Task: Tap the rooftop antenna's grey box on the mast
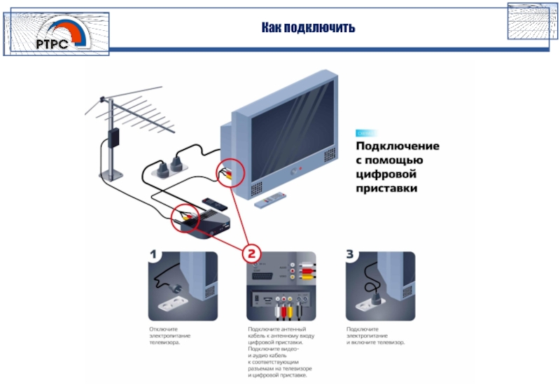pyautogui.click(x=113, y=137)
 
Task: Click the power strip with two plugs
pyautogui.click(x=165, y=167)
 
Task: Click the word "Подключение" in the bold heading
pyautogui.click(x=398, y=146)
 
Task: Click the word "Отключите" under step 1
pyautogui.click(x=162, y=329)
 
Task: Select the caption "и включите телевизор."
pyautogui.click(x=375, y=343)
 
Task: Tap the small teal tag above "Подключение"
pyautogui.click(x=366, y=133)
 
